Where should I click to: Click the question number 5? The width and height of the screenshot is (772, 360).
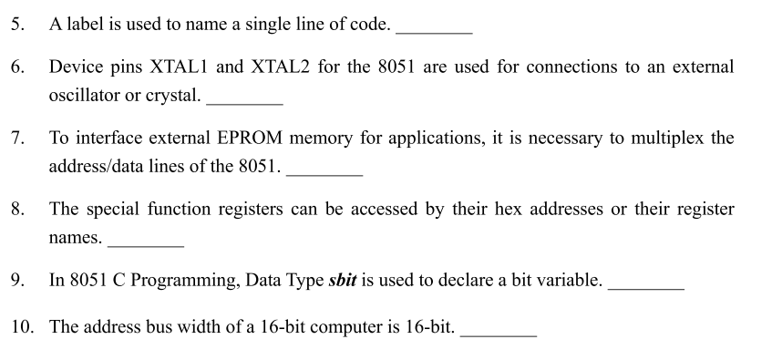pos(17,25)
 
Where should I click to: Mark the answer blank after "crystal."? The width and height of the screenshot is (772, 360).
pos(243,101)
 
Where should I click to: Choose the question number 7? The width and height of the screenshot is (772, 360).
pos(17,139)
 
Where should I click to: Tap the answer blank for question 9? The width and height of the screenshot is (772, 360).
pos(645,286)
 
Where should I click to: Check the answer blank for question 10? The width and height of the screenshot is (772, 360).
pos(499,333)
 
